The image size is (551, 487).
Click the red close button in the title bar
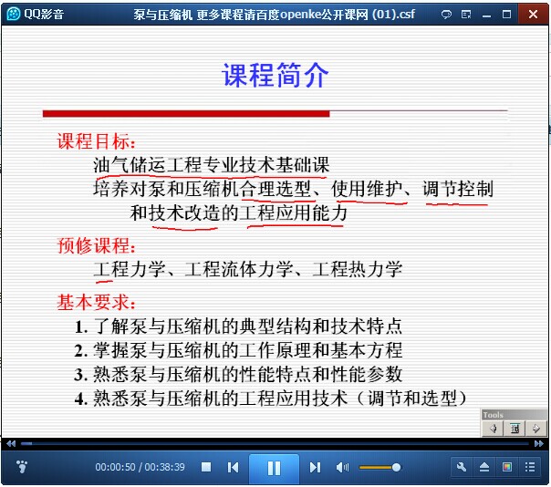click(533, 14)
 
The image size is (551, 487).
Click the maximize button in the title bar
click(506, 14)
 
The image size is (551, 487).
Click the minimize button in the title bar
click(487, 16)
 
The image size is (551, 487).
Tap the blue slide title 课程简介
click(275, 75)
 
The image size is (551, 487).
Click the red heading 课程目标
click(96, 141)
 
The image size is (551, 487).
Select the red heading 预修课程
click(96, 245)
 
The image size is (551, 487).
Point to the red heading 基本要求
click(96, 302)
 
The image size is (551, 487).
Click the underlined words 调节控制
click(458, 189)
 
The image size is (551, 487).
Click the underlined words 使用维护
click(367, 189)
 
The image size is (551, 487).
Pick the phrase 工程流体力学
click(239, 269)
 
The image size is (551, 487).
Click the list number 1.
click(81, 327)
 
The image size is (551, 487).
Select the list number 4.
click(81, 399)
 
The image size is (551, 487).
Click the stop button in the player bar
click(206, 467)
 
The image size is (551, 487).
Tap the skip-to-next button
click(315, 467)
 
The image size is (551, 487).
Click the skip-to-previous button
click(233, 467)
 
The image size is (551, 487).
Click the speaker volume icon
click(342, 467)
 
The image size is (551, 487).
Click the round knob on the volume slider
click(396, 467)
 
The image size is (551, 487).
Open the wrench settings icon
click(462, 467)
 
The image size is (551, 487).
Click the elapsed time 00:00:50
click(115, 467)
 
